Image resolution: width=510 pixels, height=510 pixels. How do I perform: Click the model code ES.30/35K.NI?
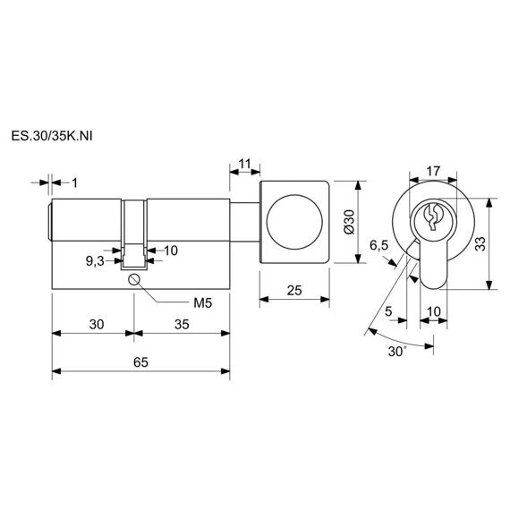point(52,136)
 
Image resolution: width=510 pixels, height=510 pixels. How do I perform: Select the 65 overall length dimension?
point(140,362)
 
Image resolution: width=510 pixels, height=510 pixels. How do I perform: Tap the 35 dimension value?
point(182,324)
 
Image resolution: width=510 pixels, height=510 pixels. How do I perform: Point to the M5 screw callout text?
point(202,303)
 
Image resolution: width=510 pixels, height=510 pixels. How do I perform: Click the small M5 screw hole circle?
point(134,279)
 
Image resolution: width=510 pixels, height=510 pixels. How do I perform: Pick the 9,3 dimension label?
point(95,261)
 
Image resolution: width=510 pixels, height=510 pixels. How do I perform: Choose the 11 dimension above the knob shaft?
point(244,164)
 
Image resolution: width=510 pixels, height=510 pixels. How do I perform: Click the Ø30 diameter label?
point(349,222)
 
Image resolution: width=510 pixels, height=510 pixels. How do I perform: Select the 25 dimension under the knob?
point(294,290)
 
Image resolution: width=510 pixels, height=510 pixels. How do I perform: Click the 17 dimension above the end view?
point(433,171)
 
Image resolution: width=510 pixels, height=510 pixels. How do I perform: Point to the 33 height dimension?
point(480,243)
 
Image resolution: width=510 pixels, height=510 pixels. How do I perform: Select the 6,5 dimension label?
point(379,245)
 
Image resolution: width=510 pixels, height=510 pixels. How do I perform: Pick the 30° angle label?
point(397,352)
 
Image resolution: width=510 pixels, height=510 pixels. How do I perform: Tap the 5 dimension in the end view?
point(388,311)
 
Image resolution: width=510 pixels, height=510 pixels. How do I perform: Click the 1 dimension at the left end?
point(75,183)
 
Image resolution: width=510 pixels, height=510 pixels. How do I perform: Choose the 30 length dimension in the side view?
point(97,324)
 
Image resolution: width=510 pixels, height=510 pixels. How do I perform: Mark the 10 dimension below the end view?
point(434,311)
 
